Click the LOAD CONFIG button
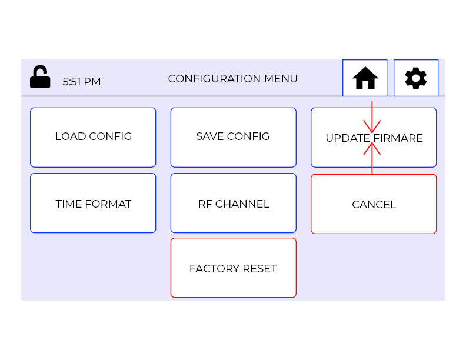tap(93, 137)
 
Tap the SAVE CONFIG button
tap(233, 137)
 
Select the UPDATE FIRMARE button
tap(374, 138)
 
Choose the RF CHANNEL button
tap(233, 203)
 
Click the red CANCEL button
tap(374, 204)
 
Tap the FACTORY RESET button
tap(233, 268)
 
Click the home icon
tap(365, 78)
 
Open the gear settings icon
tap(416, 78)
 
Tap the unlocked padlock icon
tap(40, 77)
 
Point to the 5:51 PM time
tap(81, 82)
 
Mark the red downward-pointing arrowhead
tap(372, 126)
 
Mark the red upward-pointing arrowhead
tap(372, 149)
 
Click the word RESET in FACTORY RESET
tap(258, 269)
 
